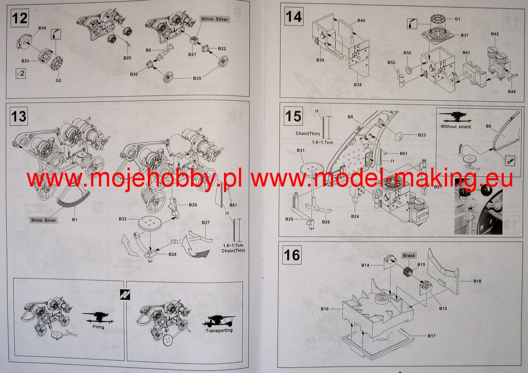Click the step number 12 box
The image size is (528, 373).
[x=20, y=18]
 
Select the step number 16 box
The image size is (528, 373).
[x=292, y=255]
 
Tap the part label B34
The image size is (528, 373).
[x=42, y=28]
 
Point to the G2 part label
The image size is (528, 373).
[x=58, y=80]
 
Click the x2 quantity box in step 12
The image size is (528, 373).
[x=21, y=73]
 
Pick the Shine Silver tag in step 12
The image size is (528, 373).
[x=215, y=19]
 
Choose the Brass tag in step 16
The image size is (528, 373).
[x=409, y=256]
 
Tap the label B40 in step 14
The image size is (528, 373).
[x=361, y=21]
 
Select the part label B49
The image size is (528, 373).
[x=511, y=91]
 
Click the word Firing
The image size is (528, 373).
[x=98, y=327]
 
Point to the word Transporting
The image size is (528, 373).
[x=219, y=330]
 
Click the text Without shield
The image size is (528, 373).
[x=455, y=127]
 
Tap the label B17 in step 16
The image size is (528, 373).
[x=431, y=336]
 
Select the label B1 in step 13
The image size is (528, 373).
[x=74, y=219]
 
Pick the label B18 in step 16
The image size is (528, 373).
[x=477, y=281]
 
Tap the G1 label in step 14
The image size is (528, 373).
[x=457, y=19]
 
